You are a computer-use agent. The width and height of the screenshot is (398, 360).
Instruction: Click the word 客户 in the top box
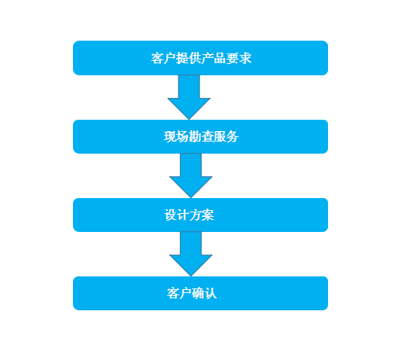pos(163,58)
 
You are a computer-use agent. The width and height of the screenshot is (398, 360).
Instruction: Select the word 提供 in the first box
pos(189,58)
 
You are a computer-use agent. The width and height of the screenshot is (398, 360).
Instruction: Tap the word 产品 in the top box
pos(214,58)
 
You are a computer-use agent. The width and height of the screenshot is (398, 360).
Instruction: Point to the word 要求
pos(238,58)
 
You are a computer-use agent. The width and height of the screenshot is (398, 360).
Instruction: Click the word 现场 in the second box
pos(176,136)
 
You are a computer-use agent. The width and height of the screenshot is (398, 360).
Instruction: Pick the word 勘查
pos(202,136)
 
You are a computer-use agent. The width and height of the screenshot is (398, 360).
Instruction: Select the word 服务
pos(226,136)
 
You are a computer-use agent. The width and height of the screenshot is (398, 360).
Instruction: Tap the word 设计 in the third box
pos(177,215)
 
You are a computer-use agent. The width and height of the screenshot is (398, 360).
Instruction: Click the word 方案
pos(202,215)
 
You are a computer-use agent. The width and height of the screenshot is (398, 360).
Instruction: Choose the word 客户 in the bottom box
pos(179,294)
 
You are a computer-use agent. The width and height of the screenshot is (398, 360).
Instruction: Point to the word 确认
pos(205,294)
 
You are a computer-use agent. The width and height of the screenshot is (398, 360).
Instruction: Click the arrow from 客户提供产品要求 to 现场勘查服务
pos(189,97)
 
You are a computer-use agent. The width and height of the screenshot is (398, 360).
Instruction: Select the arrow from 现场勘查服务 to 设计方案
pos(190,175)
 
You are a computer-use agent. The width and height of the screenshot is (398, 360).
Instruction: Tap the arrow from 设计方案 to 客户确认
pos(190,254)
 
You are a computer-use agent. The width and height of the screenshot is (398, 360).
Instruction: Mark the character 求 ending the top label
pos(245,58)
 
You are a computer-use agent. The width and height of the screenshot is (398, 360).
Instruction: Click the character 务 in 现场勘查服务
pos(232,136)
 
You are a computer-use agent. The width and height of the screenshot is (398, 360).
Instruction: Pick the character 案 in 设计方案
pos(208,215)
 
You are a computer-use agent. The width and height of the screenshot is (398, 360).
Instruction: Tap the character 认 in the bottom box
pos(211,294)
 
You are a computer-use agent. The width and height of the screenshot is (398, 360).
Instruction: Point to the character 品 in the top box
pos(220,58)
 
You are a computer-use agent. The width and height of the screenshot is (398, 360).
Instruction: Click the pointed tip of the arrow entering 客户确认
pos(190,276)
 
